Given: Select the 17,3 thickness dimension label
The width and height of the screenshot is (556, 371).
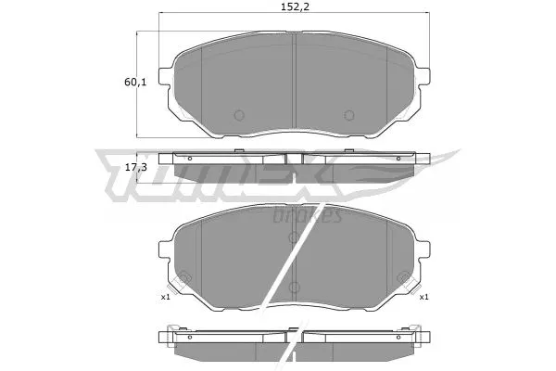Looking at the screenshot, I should tap(136, 167).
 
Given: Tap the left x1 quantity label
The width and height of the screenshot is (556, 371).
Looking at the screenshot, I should tap(165, 297).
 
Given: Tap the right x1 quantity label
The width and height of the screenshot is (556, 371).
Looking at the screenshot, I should tap(423, 297).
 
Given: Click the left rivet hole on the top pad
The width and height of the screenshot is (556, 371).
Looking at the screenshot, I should tap(236, 116).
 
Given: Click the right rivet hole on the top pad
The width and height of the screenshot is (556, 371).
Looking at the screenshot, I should tap(349, 116).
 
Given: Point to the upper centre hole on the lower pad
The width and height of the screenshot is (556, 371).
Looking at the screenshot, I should tap(293, 237).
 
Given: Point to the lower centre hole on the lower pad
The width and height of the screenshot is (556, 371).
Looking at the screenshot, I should tap(293, 287).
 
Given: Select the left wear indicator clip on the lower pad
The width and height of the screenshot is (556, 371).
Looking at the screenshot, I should tap(183, 277).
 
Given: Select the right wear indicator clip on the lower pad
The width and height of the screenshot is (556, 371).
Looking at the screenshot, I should tap(404, 277).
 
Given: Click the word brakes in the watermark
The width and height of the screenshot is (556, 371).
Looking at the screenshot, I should tap(309, 216).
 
